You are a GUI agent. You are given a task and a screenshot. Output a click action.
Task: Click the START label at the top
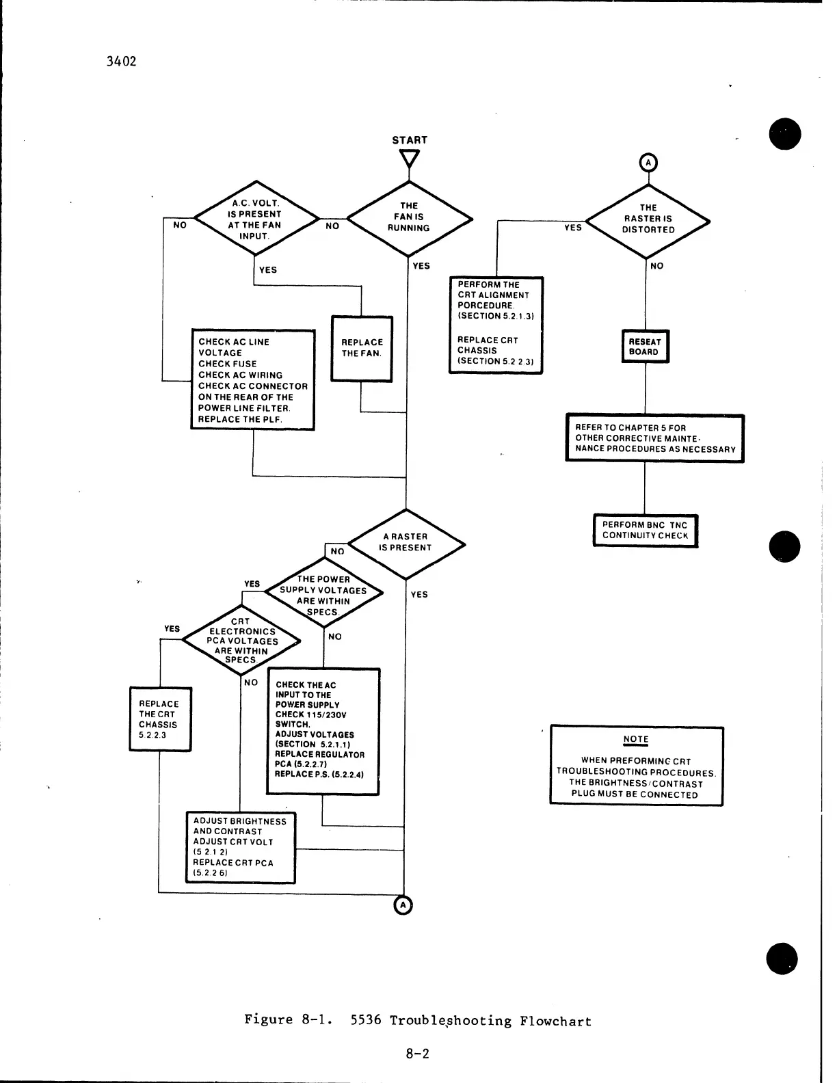tap(410, 140)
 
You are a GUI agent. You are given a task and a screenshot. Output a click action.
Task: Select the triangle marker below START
tap(410, 158)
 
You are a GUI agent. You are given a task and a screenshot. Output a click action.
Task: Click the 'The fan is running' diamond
tap(409, 217)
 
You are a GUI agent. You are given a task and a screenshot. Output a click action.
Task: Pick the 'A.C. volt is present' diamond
tap(255, 219)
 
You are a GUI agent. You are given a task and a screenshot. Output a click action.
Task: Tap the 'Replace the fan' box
tap(362, 348)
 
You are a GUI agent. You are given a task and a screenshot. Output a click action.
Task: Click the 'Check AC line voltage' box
tap(252, 380)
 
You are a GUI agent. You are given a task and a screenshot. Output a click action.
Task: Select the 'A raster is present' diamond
tap(406, 543)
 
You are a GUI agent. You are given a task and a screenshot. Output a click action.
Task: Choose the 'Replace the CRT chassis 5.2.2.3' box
tap(160, 719)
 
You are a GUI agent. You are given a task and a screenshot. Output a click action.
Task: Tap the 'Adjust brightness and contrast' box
tap(240, 847)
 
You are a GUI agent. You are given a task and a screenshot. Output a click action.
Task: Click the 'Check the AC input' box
tap(323, 731)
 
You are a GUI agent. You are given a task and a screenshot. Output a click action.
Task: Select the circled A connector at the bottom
tap(403, 905)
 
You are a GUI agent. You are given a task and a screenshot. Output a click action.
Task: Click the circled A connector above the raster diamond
tap(648, 163)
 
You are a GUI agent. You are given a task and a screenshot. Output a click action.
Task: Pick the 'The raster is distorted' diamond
tap(648, 219)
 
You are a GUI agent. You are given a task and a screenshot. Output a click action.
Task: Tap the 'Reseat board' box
tap(644, 347)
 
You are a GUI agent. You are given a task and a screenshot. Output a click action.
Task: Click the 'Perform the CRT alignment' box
tap(496, 325)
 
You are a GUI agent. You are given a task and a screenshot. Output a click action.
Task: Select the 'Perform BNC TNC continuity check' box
tap(645, 531)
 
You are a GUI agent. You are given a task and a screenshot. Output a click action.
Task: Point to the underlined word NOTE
tap(636, 740)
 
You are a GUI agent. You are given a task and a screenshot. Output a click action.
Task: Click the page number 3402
tap(122, 62)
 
